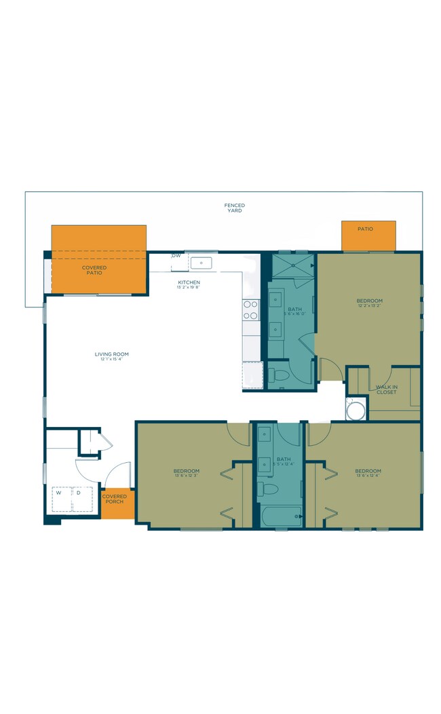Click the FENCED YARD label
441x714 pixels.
234,208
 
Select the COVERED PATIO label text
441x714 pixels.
95,270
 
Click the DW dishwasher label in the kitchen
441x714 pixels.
176,256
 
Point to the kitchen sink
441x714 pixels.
201,263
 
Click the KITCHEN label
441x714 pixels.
189,282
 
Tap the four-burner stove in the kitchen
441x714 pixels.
250,310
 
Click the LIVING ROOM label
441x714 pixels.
111,354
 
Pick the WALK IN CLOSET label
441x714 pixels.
387,390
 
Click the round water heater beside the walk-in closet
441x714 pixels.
356,409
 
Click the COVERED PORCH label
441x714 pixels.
115,499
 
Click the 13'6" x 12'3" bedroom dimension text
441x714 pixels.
186,476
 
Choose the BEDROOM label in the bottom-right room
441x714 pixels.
368,470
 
